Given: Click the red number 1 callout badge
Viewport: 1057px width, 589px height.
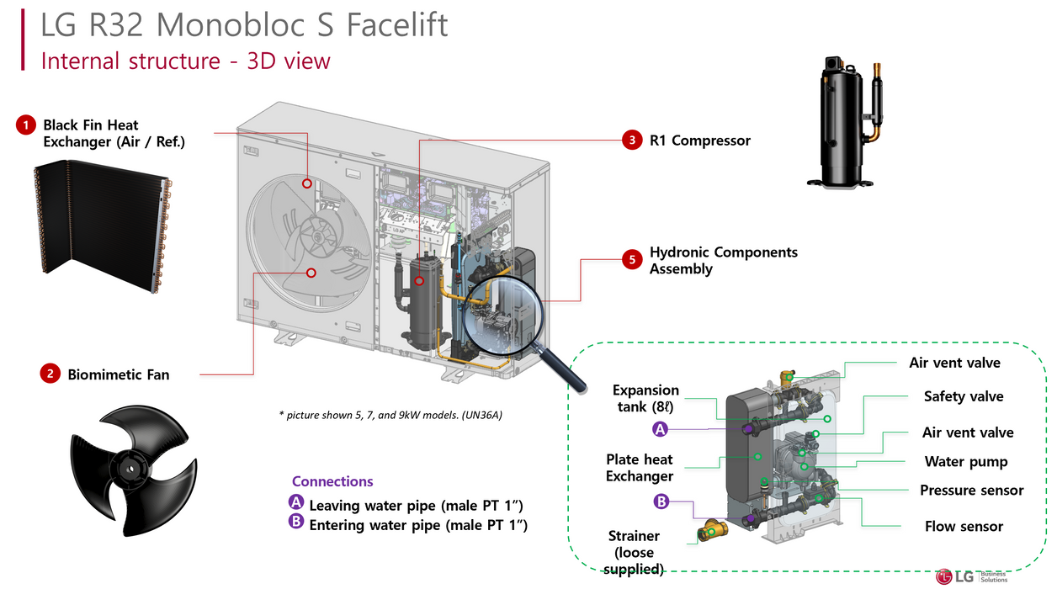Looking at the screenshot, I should [26, 125].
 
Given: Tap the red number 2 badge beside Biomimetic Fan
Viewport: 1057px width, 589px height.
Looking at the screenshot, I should [50, 374].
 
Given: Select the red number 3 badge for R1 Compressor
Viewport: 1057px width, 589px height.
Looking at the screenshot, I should [632, 141].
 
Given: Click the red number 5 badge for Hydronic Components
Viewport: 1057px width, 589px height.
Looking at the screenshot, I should [632, 260].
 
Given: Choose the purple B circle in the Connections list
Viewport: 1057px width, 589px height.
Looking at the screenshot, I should [295, 522].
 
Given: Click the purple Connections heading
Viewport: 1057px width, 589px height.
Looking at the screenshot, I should [332, 481].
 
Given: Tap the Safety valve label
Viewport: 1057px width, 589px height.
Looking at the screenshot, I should [964, 396].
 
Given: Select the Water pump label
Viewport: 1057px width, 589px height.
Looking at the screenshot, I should [965, 461].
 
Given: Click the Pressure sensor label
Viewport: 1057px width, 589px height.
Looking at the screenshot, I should [971, 490].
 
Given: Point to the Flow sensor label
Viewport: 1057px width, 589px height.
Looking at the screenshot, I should [964, 526].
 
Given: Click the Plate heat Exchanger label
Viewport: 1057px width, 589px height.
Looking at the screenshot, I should [640, 468].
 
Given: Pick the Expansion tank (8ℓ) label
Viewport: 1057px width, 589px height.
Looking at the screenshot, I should [645, 398].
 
